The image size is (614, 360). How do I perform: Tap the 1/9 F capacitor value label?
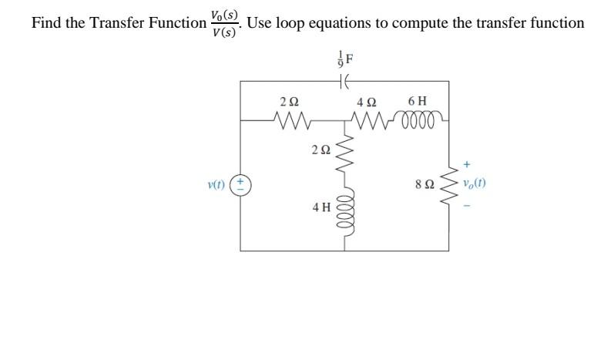344,58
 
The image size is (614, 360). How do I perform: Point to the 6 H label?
418,101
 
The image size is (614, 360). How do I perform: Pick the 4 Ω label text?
367,102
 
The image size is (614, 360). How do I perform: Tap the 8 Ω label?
424,185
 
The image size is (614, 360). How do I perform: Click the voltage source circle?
240,185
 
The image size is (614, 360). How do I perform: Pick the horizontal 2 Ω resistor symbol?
290,120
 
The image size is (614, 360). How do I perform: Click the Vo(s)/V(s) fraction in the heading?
224,23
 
